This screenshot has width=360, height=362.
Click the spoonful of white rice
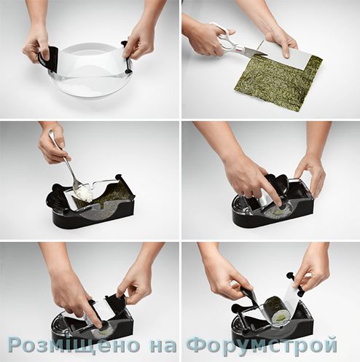click(x=84, y=194)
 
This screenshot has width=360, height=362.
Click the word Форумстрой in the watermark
click(x=262, y=345)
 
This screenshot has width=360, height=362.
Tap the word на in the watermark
click(x=163, y=346)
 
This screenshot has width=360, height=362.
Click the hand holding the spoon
click(x=52, y=143)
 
